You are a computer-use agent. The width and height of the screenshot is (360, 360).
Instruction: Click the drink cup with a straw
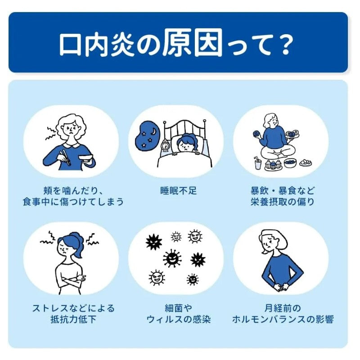click(258, 164)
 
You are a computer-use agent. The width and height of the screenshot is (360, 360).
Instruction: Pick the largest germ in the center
click(172, 259)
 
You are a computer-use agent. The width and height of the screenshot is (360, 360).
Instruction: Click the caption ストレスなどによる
click(73, 309)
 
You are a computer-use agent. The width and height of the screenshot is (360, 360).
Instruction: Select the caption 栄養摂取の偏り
click(283, 202)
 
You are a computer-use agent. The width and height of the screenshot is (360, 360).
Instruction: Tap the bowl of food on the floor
click(290, 162)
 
